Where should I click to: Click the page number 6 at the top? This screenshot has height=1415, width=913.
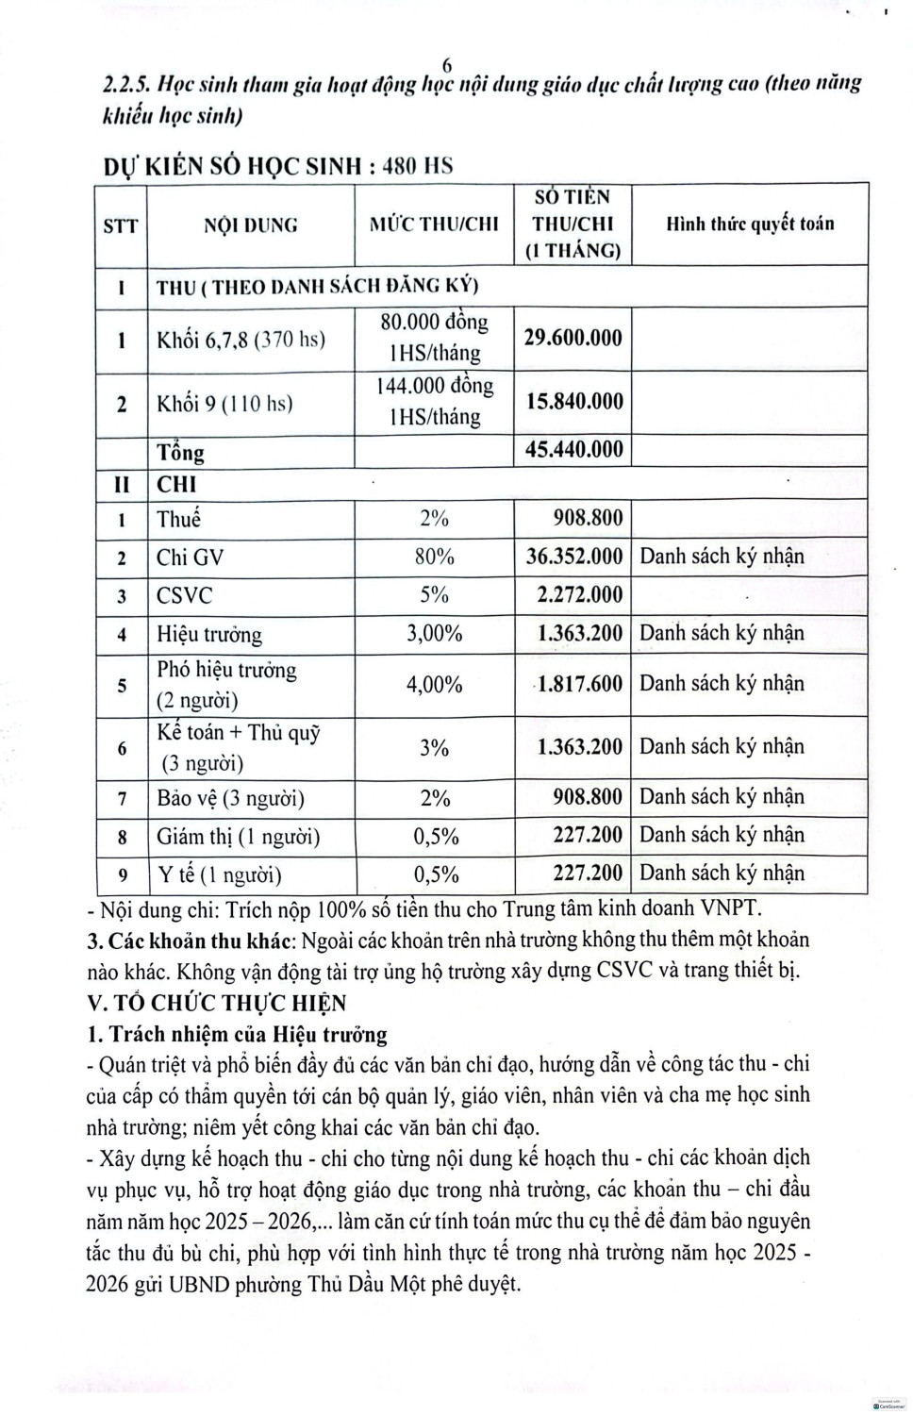pyautogui.click(x=447, y=64)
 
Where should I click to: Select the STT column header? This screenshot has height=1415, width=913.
pyautogui.click(x=120, y=225)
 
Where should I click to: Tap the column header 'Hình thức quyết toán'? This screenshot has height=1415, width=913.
pyautogui.click(x=750, y=224)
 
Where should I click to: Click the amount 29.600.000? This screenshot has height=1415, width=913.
pyautogui.click(x=573, y=338)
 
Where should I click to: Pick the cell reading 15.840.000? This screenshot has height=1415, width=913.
pyautogui.click(x=573, y=401)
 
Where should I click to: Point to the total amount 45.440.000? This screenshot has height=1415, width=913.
pyautogui.click(x=573, y=449)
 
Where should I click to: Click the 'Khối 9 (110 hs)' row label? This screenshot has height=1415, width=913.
pyautogui.click(x=224, y=404)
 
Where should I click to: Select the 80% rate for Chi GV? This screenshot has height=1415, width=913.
pyautogui.click(x=434, y=557)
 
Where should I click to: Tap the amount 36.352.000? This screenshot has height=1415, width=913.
pyautogui.click(x=573, y=557)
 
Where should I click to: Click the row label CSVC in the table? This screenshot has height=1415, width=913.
pyautogui.click(x=185, y=595)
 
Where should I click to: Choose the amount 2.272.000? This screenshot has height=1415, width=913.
pyautogui.click(x=579, y=595)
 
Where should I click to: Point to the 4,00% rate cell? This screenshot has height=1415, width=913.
pyautogui.click(x=434, y=684)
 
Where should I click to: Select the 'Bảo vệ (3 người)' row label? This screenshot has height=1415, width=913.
pyautogui.click(x=230, y=798)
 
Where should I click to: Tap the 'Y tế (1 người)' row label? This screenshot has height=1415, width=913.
pyautogui.click(x=219, y=874)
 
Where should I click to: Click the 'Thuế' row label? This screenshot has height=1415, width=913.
pyautogui.click(x=179, y=519)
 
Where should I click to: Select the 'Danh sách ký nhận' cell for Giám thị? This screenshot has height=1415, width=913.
pyautogui.click(x=722, y=835)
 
